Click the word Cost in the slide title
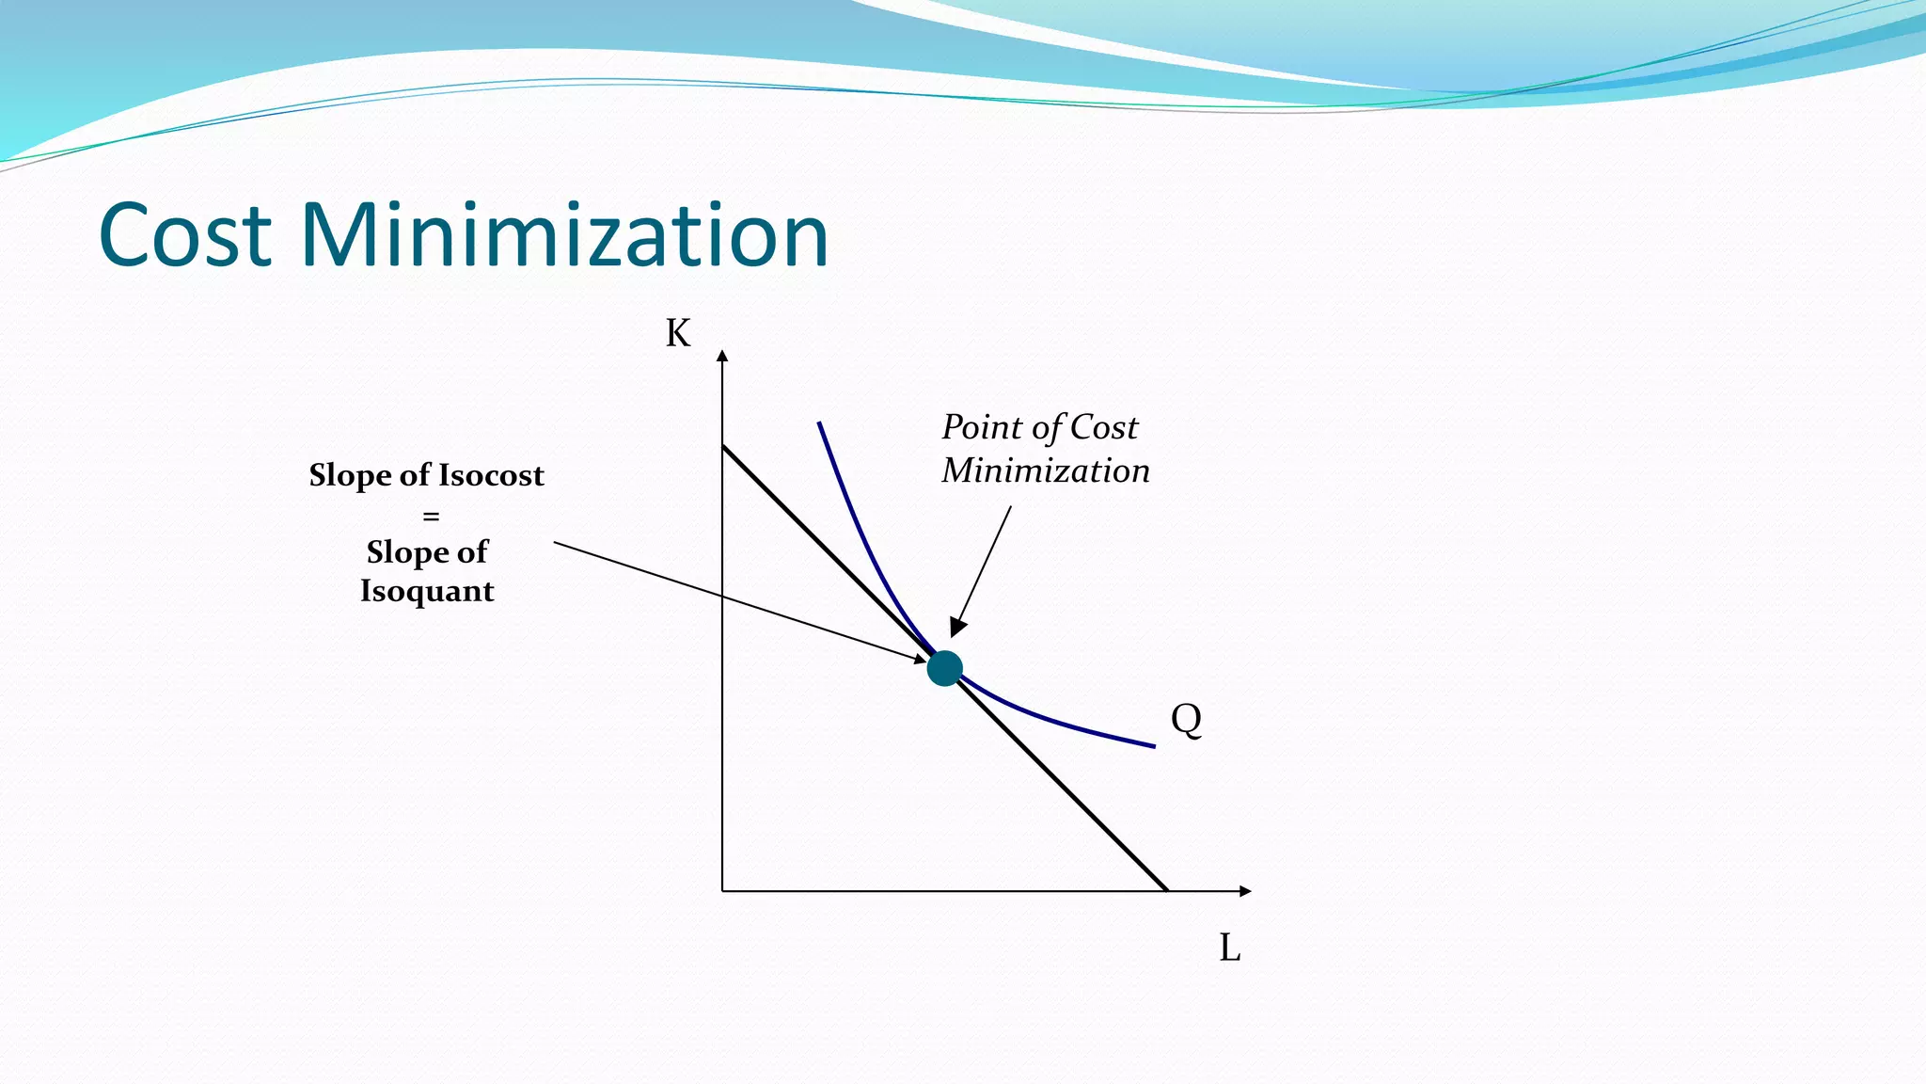[185, 235]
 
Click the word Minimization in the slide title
[564, 235]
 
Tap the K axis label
[677, 334]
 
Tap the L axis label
[1229, 948]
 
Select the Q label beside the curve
[1186, 720]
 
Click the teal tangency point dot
[944, 668]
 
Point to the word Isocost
[491, 475]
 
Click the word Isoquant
[427, 591]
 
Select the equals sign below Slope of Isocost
[431, 516]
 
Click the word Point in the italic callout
[982, 428]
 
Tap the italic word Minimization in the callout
[1046, 470]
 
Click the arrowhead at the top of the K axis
[722, 356]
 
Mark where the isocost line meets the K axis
[722, 446]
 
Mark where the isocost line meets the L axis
[1166, 890]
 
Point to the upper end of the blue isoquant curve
[819, 423]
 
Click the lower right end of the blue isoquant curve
[1153, 745]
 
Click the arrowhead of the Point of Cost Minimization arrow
[956, 629]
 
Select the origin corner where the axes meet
[722, 890]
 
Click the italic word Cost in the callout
[1104, 428]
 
